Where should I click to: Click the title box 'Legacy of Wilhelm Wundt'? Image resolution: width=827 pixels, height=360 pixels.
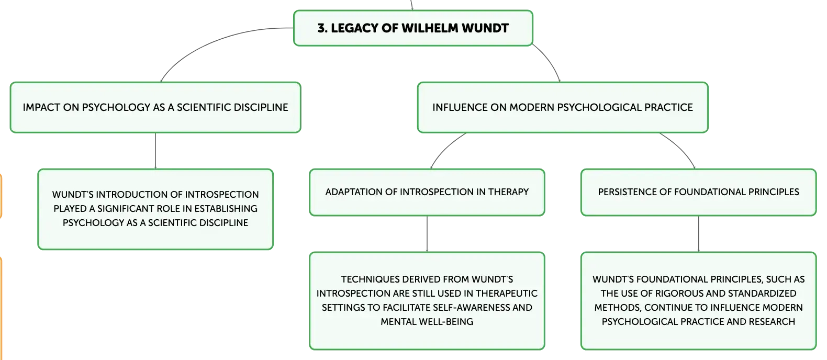413,28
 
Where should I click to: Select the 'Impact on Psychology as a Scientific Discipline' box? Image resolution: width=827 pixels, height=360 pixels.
155,107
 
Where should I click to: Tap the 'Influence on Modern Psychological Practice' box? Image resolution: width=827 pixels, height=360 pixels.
563,107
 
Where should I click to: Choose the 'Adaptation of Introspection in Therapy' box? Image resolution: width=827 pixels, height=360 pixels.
427,193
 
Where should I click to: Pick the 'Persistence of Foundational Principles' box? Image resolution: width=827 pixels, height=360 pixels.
699,193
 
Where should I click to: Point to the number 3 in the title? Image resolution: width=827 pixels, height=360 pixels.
321,28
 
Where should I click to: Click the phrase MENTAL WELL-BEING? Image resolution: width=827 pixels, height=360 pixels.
427,322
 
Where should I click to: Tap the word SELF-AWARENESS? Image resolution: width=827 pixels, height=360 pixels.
479,308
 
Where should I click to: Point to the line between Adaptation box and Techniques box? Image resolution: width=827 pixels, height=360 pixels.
427,234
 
